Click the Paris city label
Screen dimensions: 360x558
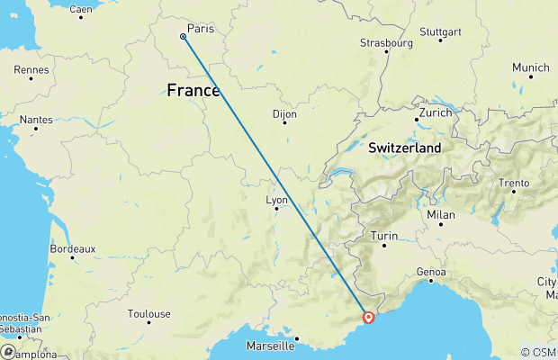pos(202,29)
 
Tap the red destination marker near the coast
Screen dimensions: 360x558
pos(368,317)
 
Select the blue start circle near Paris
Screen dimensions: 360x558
pos(183,37)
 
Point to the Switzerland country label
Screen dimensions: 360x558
pos(405,148)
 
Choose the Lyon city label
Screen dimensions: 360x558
pos(276,201)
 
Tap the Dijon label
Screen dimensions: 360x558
pos(284,114)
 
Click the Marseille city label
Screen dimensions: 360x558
pos(270,346)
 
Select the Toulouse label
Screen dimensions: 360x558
pos(148,314)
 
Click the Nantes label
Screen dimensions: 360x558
pos(35,119)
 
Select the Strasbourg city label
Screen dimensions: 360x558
pos(386,42)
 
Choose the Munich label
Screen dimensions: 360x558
pos(530,67)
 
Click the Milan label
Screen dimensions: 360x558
pos(441,214)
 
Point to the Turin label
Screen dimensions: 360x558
pos(384,236)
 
